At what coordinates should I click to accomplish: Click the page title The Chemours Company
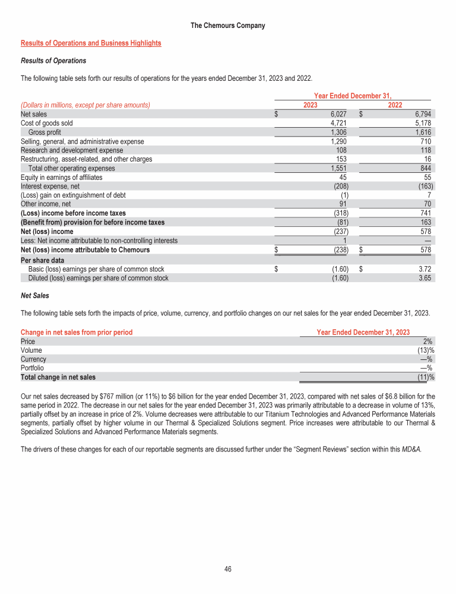click(228, 26)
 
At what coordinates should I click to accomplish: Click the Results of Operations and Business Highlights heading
click(91, 43)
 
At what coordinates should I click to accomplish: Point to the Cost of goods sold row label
click(47, 123)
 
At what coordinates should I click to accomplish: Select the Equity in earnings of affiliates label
click(61, 177)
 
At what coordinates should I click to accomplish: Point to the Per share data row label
click(42, 260)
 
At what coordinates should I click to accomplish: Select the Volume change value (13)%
click(425, 350)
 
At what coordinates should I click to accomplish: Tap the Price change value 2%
click(428, 342)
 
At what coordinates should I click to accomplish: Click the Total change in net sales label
click(58, 377)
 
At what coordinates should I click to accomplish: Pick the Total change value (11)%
click(425, 377)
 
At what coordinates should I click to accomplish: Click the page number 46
click(228, 569)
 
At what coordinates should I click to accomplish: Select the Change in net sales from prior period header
click(77, 332)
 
